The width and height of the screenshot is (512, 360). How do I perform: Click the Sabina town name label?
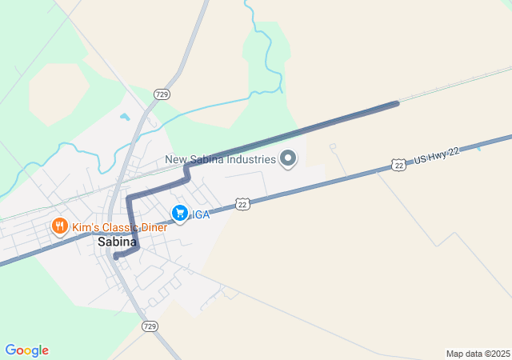117,242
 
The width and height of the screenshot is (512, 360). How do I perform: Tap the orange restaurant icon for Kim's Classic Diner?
59,227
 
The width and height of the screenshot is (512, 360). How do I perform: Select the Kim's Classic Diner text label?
120,227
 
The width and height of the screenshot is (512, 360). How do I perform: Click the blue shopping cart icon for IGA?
179,214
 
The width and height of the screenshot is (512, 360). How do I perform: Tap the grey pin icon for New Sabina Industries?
289,158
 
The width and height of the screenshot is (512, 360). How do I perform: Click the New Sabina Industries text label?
221,159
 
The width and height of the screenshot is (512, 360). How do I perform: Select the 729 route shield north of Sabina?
162,94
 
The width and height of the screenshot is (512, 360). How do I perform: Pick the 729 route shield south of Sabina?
150,326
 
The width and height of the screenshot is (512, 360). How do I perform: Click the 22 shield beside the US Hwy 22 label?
399,164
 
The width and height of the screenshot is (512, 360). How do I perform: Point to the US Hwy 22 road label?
437,157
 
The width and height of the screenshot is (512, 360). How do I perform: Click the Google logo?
26,350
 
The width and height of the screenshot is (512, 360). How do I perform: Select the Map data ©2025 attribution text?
478,354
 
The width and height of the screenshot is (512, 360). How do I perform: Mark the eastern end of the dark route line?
397,103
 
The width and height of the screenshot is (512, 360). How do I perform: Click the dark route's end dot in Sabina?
116,257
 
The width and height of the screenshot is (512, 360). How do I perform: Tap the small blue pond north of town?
125,118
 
